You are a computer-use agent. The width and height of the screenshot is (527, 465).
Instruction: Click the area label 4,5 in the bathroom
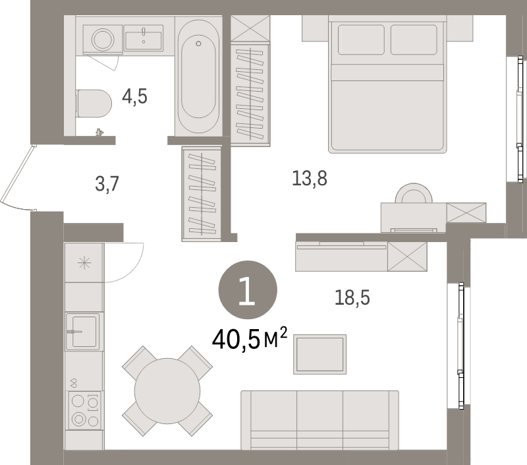(134, 97)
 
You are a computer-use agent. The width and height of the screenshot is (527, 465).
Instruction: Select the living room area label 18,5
(352, 298)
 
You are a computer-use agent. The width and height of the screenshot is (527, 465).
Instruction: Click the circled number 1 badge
(248, 291)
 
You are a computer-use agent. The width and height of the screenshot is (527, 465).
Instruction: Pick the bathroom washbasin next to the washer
(143, 38)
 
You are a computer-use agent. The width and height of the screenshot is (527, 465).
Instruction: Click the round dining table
(167, 389)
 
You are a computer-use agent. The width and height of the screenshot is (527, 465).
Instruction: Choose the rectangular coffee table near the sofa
(319, 354)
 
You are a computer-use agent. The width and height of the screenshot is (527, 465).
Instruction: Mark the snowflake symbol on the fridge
(84, 263)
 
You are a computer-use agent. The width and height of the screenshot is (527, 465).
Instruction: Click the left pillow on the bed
(361, 40)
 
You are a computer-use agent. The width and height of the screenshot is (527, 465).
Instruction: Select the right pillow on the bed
(413, 40)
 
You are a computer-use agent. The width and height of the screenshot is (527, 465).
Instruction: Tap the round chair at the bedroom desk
(414, 194)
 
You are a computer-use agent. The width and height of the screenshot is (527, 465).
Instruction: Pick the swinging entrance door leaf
(16, 175)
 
